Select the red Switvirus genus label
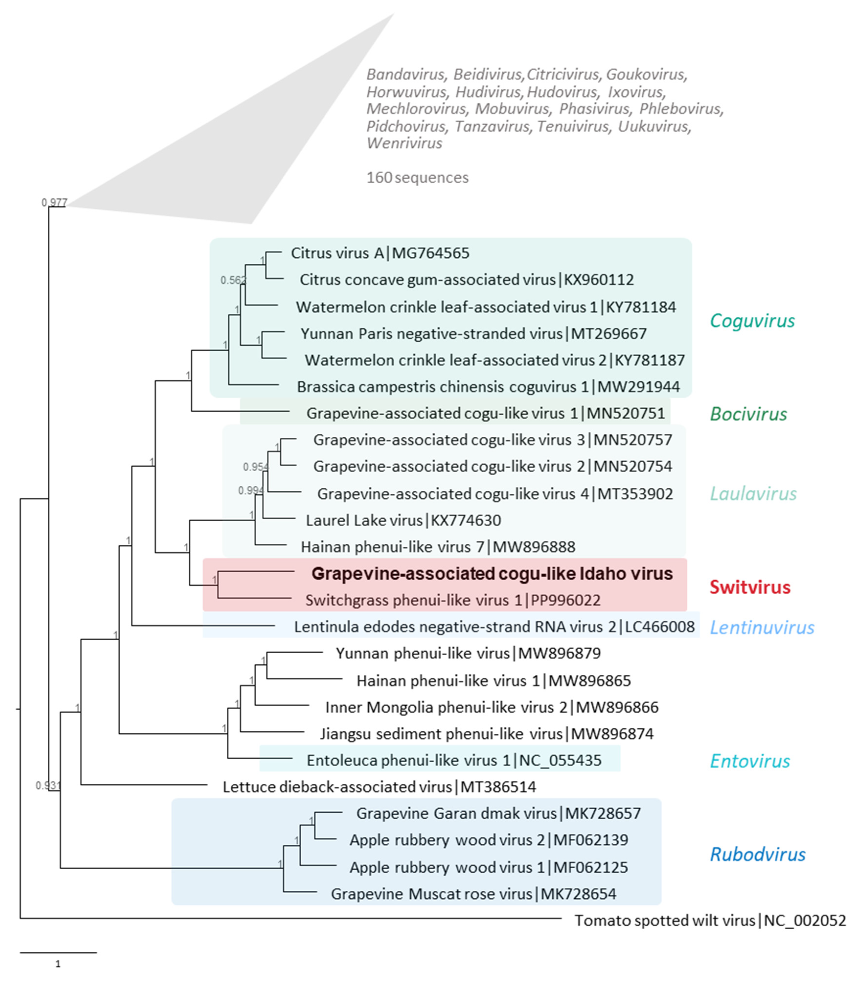(x=750, y=587)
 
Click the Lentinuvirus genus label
(x=762, y=627)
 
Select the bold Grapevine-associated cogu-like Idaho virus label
(x=492, y=574)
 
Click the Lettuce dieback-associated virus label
(x=379, y=787)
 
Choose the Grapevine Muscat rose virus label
(x=473, y=894)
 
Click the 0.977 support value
(x=54, y=202)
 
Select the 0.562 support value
(x=233, y=280)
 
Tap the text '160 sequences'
(x=417, y=178)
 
